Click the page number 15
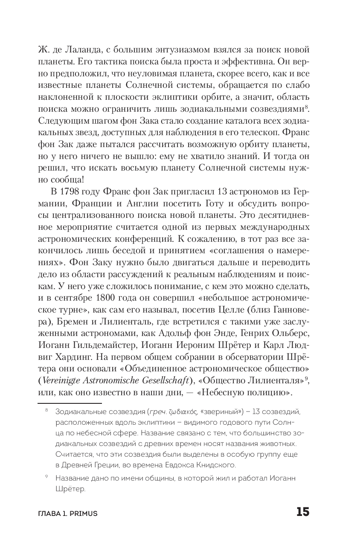pyautogui.click(x=302, y=512)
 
